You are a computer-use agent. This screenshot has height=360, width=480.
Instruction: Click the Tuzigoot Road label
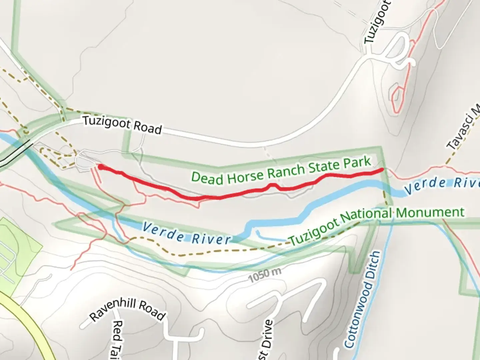click(x=122, y=125)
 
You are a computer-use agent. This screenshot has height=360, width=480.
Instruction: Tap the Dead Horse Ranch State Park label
click(x=281, y=170)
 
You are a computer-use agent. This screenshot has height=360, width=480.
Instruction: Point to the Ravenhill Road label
click(x=127, y=310)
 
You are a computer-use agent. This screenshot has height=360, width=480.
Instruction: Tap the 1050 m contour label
click(x=265, y=274)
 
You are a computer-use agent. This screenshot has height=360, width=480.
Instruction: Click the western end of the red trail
click(x=100, y=166)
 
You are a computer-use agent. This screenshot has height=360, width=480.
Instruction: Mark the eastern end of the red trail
click(x=381, y=170)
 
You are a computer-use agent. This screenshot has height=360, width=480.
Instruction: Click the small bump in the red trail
click(x=273, y=185)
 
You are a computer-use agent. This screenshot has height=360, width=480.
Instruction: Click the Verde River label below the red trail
click(x=186, y=234)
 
